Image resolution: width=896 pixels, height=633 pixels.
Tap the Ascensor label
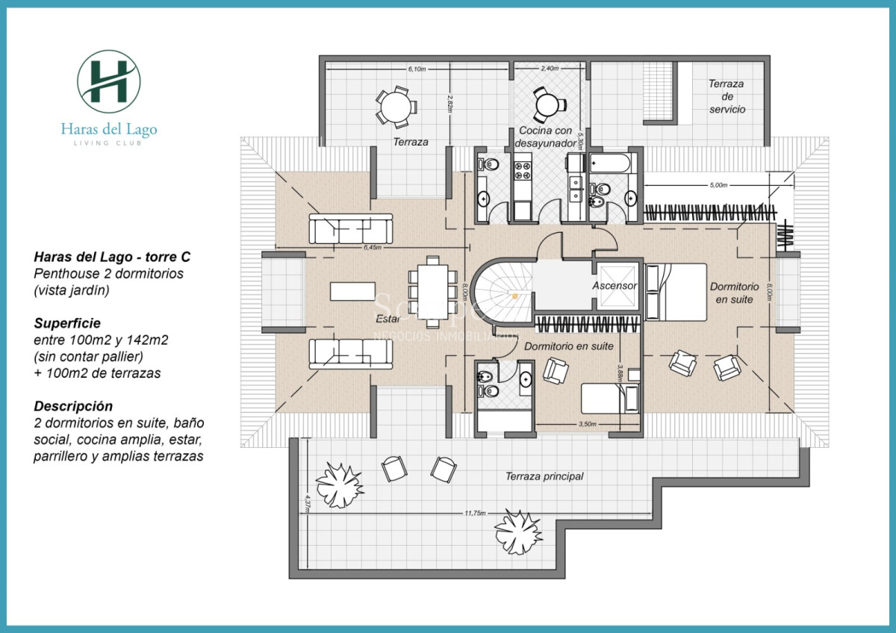615,286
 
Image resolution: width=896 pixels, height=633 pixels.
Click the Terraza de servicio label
727,96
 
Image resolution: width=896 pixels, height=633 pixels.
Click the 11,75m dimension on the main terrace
474,513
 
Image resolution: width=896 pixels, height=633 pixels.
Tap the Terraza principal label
544,476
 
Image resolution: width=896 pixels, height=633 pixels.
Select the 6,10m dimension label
417,69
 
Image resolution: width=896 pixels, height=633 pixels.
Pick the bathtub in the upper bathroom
612,162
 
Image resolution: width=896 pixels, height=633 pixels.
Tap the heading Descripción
73,406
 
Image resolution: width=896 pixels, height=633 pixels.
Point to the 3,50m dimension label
587,424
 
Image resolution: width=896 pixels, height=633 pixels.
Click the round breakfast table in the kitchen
547,105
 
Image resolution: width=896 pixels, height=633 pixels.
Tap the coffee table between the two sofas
353,290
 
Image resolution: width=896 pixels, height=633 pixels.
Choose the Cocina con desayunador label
547,137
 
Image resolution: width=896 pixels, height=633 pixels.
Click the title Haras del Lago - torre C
112,257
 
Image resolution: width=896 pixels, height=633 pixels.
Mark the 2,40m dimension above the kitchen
550,69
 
